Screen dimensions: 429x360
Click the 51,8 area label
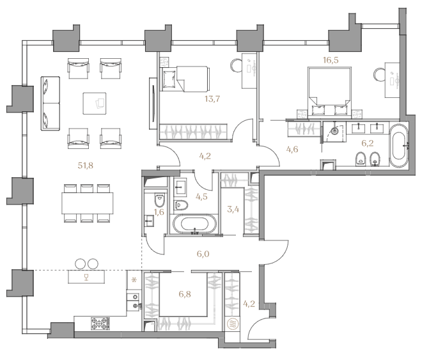[86, 166]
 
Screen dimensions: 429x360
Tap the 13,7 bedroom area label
[212, 98]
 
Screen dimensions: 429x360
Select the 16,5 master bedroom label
[331, 60]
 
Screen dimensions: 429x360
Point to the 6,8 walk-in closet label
[185, 294]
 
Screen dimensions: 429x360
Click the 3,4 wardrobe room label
[233, 210]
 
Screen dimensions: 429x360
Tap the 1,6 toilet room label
[159, 212]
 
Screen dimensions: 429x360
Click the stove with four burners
[100, 324]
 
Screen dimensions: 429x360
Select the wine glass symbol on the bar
[86, 278]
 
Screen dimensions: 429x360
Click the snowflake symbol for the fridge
[134, 280]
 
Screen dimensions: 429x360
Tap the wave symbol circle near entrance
[233, 324]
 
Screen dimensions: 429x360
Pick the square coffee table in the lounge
[95, 103]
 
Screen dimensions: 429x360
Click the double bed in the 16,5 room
[330, 91]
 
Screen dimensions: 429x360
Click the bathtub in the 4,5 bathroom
[194, 224]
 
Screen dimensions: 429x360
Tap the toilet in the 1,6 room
[159, 200]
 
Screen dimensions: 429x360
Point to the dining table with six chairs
[88, 203]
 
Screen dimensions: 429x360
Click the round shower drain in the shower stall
[334, 131]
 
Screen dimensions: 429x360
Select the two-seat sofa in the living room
[51, 103]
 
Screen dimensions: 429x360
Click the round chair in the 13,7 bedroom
[235, 66]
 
